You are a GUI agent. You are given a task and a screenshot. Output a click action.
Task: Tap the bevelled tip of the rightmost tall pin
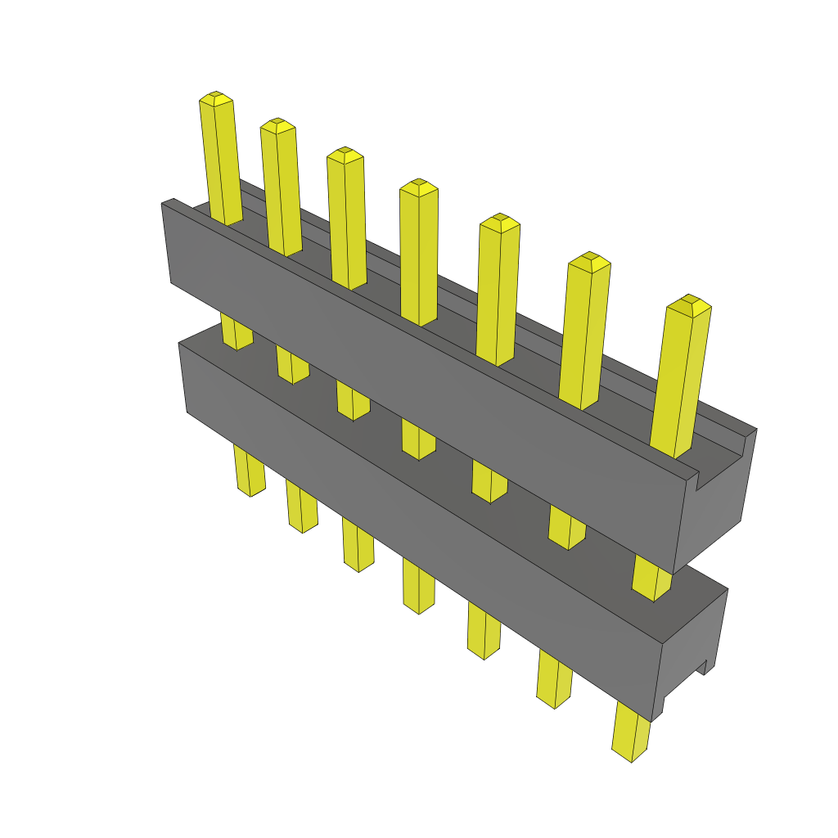689,306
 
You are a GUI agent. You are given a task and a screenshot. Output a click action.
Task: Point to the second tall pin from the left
281,188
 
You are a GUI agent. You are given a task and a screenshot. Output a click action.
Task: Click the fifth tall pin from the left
498,291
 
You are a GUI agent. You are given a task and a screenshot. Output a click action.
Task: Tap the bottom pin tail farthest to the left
249,471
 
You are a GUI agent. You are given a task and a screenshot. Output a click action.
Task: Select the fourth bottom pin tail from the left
417,585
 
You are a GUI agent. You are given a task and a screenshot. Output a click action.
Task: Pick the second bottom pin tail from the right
554,678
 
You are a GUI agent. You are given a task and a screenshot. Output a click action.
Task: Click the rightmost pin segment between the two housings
652,579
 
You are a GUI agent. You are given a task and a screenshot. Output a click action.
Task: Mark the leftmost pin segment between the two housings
236,331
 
